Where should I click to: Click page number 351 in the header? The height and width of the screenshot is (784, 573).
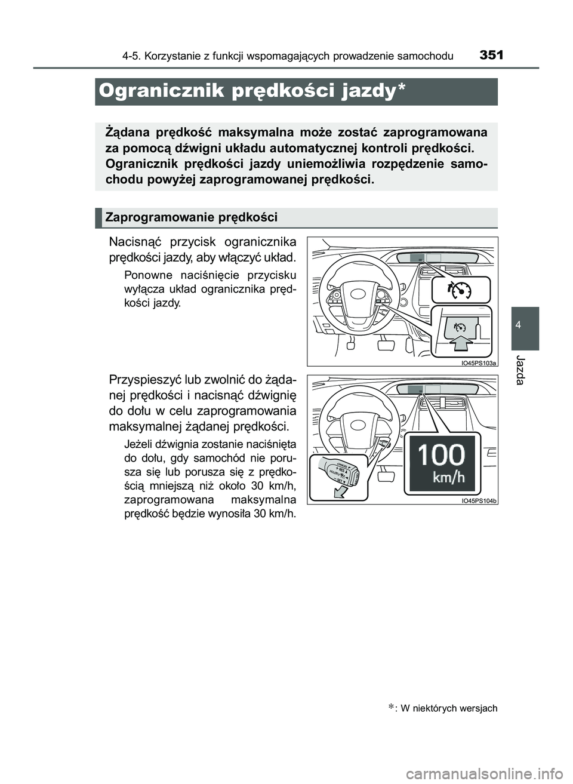[x=491, y=56]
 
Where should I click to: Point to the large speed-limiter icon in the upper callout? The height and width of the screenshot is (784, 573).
[x=459, y=290]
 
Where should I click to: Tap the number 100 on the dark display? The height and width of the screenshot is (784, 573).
[x=440, y=456]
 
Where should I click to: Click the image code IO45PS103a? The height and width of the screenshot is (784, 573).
[x=479, y=362]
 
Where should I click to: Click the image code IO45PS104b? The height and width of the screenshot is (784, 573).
[x=479, y=500]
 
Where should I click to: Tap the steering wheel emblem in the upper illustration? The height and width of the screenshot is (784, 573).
[x=360, y=294]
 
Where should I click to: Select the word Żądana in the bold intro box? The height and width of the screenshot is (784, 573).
[x=125, y=132]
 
